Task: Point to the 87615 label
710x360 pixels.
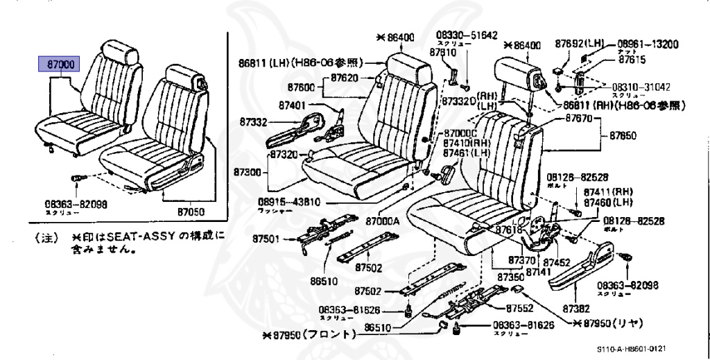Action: (632, 60)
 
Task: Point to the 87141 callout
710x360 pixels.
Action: (537, 273)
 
